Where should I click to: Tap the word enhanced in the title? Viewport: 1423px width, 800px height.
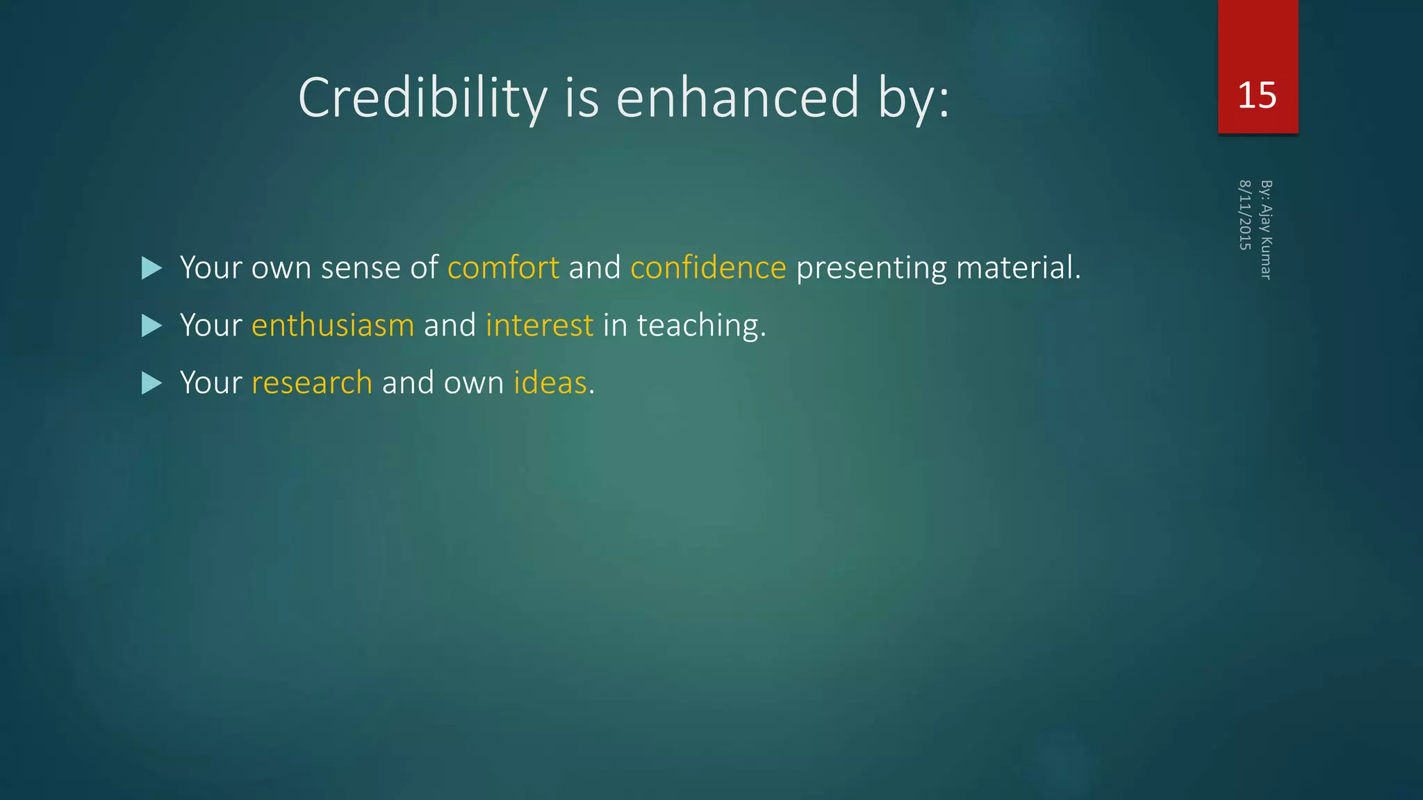tap(738, 98)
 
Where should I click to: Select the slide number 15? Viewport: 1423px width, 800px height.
tap(1257, 95)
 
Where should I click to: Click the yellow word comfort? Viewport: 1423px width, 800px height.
tap(503, 268)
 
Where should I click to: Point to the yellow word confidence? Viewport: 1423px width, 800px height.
tap(708, 268)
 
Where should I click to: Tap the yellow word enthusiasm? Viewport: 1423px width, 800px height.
tap(333, 326)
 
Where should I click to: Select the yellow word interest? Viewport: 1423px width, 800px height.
tap(540, 326)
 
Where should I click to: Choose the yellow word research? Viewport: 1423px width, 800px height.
tap(312, 383)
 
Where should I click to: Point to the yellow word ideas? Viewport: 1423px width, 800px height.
tap(550, 383)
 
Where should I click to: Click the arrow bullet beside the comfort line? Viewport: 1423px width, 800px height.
tap(151, 268)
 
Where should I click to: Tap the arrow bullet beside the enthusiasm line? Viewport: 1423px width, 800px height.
tap(151, 326)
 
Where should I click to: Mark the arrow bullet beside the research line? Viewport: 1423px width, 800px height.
tap(151, 383)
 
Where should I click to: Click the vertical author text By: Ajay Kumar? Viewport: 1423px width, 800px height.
tap(1266, 230)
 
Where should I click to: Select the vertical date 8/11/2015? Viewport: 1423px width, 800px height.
tap(1244, 215)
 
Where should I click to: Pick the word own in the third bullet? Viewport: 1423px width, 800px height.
tap(473, 383)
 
